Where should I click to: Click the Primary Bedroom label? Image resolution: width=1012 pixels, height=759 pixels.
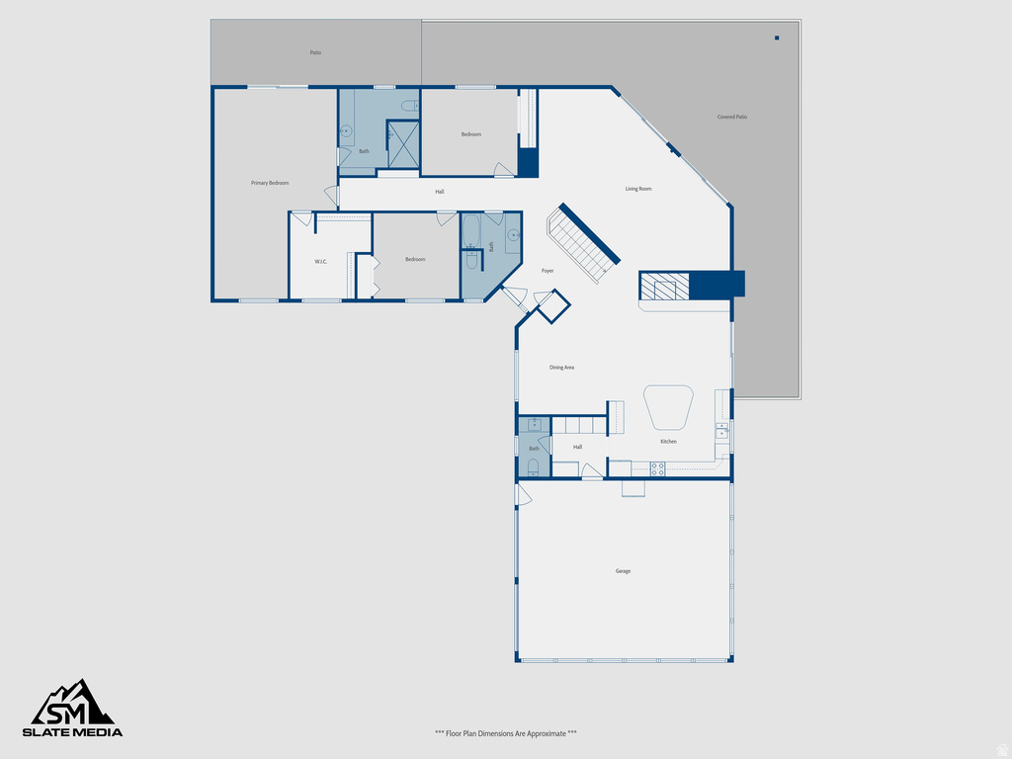pos(270,183)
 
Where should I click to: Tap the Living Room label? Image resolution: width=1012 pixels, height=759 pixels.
pos(638,189)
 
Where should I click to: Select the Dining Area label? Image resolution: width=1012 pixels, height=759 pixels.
pos(562,368)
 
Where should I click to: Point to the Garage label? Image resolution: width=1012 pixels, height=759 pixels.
pos(623,571)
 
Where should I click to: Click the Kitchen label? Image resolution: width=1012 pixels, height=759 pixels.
pos(669,442)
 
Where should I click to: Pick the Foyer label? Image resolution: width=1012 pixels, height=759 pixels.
pos(548,271)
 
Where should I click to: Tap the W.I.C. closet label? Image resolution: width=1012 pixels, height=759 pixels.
pos(321,262)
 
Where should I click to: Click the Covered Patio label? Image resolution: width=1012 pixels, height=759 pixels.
pos(732,117)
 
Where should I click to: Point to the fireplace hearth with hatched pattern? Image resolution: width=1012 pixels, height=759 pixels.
pos(664,287)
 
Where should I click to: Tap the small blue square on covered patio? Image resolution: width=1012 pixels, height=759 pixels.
pos(777,38)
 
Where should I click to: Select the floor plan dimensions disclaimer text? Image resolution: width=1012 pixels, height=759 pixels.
pos(506,733)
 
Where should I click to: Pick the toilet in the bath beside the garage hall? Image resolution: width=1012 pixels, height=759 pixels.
pos(533,466)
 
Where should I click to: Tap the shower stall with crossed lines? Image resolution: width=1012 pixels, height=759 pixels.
pos(403,144)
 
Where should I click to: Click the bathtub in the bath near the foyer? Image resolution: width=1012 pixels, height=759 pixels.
pos(471,232)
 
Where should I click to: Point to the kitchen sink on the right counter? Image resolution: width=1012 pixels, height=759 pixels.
pos(722,431)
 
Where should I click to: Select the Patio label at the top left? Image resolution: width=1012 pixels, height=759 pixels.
pos(315,52)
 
